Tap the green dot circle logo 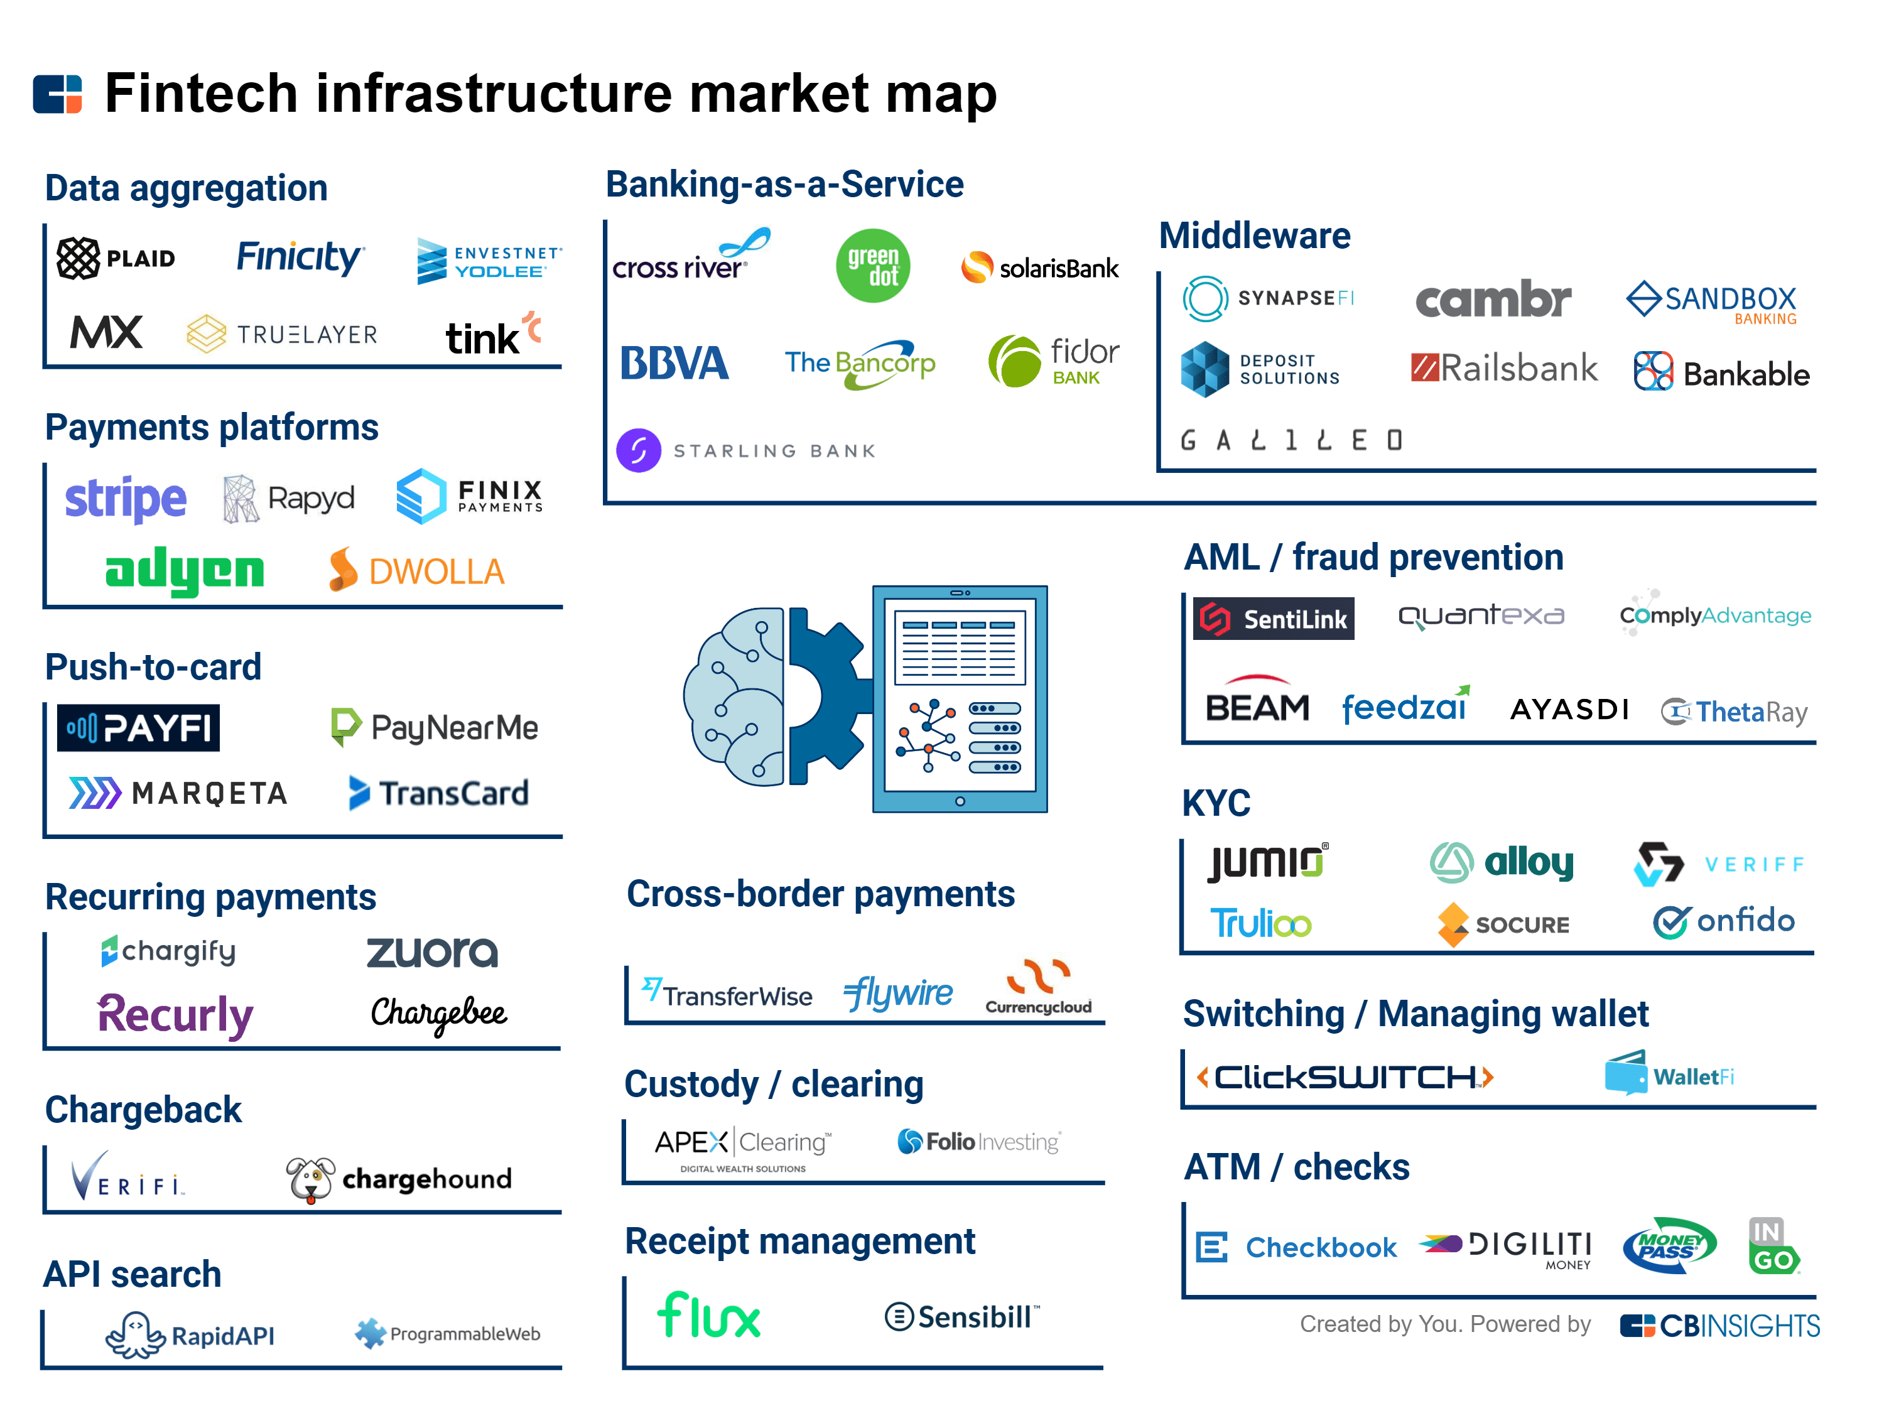pyautogui.click(x=872, y=266)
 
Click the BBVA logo pyautogui.click(x=674, y=364)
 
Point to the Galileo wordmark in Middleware pyautogui.click(x=1291, y=440)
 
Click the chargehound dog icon pyautogui.click(x=310, y=1179)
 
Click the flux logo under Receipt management pyautogui.click(x=708, y=1316)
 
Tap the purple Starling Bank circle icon pyautogui.click(x=638, y=450)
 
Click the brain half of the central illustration pyautogui.click(x=734, y=696)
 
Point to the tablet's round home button pyautogui.click(x=960, y=801)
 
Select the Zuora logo pyautogui.click(x=432, y=952)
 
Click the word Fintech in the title pyautogui.click(x=201, y=93)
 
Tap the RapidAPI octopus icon pyautogui.click(x=134, y=1334)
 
